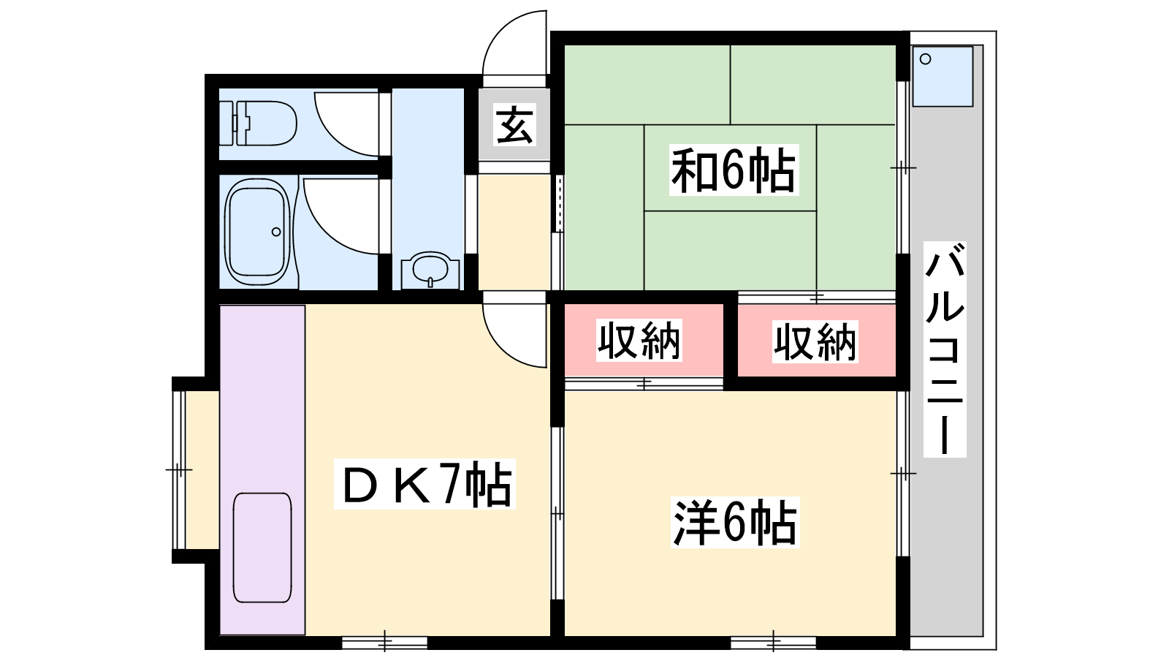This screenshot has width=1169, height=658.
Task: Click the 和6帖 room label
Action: (734, 170)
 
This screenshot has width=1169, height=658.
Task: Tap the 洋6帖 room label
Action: (735, 522)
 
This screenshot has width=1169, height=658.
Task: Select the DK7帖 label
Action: (424, 483)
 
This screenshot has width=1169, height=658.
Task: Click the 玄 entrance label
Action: (514, 124)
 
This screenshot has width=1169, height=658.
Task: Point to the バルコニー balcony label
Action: (945, 349)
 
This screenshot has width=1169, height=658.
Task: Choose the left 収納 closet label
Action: (639, 341)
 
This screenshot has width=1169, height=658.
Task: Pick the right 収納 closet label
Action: (815, 341)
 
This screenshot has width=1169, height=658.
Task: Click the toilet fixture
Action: (258, 124)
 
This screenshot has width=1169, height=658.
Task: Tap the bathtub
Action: (257, 232)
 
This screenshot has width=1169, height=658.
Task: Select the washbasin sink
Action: (430, 270)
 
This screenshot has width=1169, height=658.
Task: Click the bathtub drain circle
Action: (276, 231)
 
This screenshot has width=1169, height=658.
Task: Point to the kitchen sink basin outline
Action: (262, 548)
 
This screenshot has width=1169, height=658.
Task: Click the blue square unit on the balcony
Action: (943, 76)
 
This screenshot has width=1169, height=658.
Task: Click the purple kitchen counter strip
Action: (262, 470)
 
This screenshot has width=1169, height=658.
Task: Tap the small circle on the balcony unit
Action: (925, 59)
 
